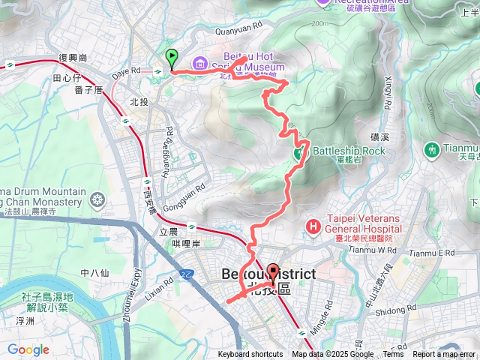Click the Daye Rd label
tap(125, 70)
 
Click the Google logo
tap(28, 349)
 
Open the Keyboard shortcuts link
tap(250, 355)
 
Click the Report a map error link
tap(444, 355)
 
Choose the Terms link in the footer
tap(393, 355)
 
